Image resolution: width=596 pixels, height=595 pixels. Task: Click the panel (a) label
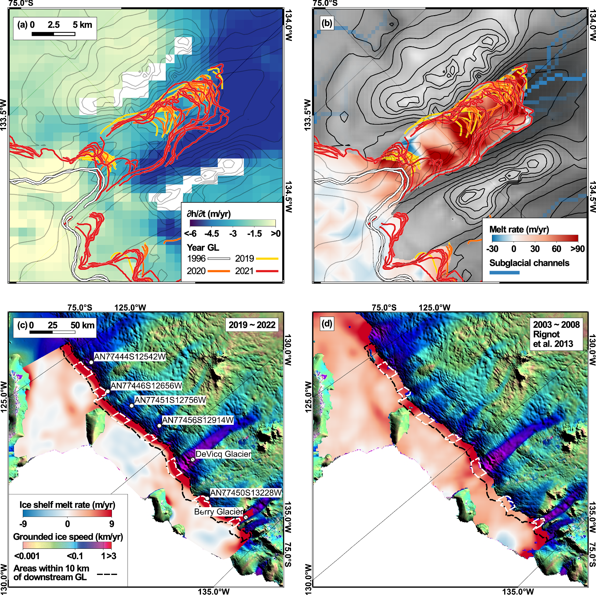pyautogui.click(x=22, y=25)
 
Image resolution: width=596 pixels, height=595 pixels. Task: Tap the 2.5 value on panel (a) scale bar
pyautogui.click(x=54, y=25)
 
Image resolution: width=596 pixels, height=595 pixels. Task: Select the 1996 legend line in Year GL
pyautogui.click(x=219, y=259)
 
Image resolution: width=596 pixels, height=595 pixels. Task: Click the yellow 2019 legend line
pyautogui.click(x=267, y=259)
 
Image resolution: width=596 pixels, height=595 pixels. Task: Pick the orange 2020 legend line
pyautogui.click(x=219, y=271)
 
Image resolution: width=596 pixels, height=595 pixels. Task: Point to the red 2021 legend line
pyautogui.click(x=267, y=271)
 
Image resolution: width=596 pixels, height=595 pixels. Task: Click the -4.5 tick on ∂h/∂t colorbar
pyautogui.click(x=212, y=234)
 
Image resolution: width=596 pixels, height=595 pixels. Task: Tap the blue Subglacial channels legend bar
pyautogui.click(x=504, y=272)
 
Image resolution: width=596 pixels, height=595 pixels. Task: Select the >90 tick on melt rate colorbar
pyautogui.click(x=577, y=249)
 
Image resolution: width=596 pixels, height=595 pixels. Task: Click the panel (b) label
pyautogui.click(x=327, y=23)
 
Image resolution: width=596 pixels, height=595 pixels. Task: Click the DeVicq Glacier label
pyautogui.click(x=223, y=454)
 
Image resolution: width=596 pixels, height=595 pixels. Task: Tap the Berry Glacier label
pyautogui.click(x=219, y=512)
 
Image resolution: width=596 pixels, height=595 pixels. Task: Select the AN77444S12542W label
pyautogui.click(x=130, y=357)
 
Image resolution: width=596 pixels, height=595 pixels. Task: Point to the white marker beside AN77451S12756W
pyautogui.click(x=132, y=406)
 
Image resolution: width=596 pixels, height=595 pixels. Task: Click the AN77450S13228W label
pyautogui.click(x=246, y=493)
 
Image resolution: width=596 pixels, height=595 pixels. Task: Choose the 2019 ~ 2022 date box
pyautogui.click(x=252, y=325)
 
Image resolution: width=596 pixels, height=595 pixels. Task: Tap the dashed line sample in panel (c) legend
pyautogui.click(x=107, y=574)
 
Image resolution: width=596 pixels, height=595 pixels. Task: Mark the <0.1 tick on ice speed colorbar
pyautogui.click(x=75, y=556)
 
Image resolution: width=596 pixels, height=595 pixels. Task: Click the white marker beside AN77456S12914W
pyautogui.click(x=159, y=426)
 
